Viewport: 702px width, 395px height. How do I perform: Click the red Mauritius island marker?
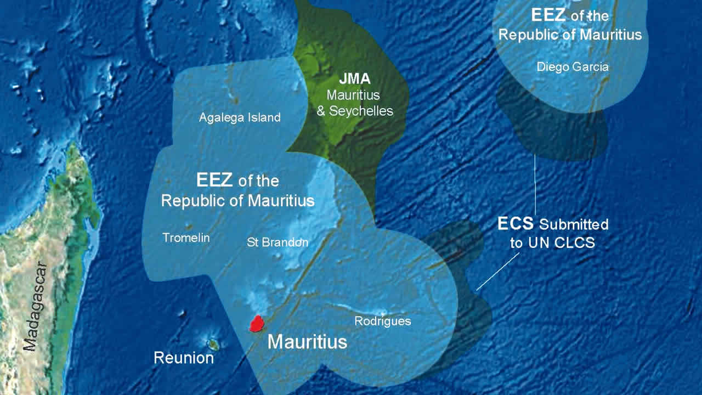coord(256,324)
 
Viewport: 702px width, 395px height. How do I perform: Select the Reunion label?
coord(184,358)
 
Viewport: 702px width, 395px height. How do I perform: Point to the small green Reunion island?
coord(213,345)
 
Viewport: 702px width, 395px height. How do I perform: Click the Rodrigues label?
coord(382,321)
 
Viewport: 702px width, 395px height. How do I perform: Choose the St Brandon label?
coord(278,242)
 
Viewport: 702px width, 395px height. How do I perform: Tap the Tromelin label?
coord(186,238)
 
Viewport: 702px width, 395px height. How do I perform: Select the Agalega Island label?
coord(240,117)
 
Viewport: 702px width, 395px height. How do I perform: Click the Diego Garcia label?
coord(573,67)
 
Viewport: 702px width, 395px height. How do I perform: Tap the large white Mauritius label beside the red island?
coord(307,342)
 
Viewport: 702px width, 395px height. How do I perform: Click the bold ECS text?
coord(516,224)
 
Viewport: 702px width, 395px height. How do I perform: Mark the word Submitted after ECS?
coord(574,224)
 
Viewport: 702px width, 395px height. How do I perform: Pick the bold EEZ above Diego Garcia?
coord(549,15)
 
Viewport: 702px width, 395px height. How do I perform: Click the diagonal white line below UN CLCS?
coord(497,272)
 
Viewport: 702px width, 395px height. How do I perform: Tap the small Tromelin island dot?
coord(188,226)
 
